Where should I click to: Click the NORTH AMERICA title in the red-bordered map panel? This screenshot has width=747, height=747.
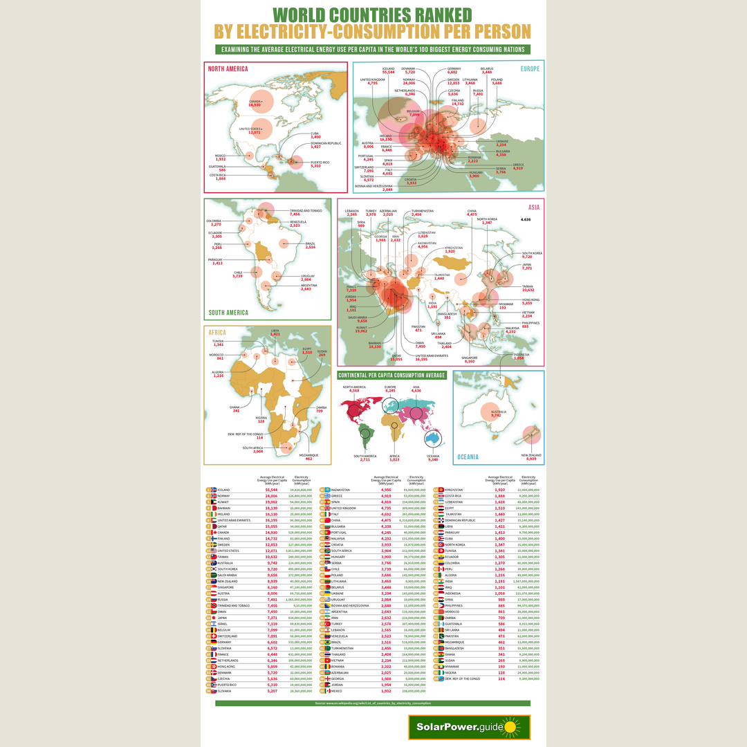[228, 68]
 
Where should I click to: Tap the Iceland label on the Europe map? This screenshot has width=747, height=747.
[387, 70]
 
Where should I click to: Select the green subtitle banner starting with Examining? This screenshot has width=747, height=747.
[373, 49]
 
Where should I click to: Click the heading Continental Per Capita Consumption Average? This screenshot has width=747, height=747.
[392, 375]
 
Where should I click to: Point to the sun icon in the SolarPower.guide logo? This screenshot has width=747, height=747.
[510, 727]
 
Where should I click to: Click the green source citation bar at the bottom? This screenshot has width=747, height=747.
[373, 703]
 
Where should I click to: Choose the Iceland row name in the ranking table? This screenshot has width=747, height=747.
[224, 490]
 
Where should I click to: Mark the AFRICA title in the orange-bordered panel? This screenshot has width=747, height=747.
[217, 333]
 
